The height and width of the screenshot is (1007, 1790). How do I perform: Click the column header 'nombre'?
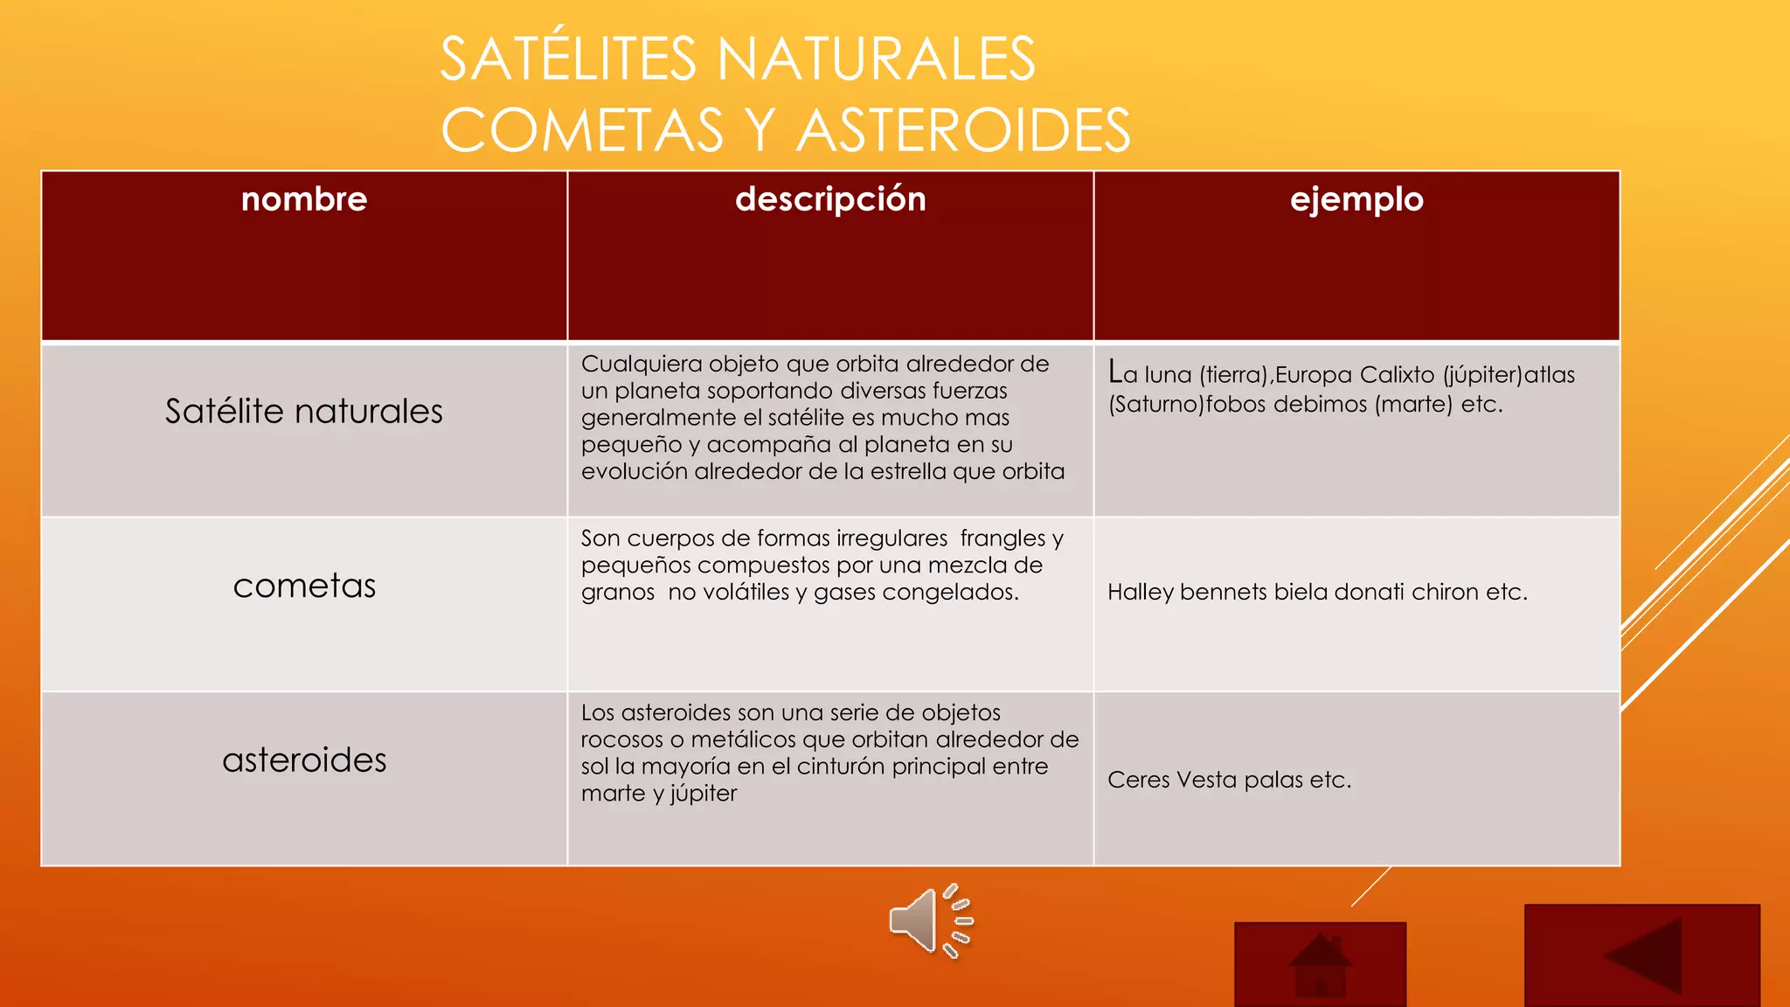pos(304,199)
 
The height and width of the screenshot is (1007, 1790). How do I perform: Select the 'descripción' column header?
pos(830,199)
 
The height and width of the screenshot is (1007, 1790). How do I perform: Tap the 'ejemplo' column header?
pos(1356,199)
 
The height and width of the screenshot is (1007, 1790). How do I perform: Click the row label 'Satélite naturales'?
pos(304,411)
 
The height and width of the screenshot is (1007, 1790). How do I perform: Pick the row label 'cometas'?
pos(304,586)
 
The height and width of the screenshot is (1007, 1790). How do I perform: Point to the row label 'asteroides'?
pos(304,760)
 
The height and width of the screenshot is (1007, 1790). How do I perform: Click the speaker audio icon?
pos(930,920)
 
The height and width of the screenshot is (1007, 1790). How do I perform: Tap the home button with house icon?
pos(1320,964)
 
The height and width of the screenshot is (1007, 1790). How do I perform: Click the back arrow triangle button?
pos(1641,955)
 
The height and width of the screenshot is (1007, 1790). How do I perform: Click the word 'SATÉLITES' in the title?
pos(568,59)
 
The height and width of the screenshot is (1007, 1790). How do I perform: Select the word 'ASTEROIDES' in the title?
pos(963,130)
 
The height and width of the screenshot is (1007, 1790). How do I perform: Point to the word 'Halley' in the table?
pos(1140,592)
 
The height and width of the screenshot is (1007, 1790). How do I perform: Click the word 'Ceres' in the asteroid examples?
pos(1139,780)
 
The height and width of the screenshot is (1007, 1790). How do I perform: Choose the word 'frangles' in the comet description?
pos(1003,538)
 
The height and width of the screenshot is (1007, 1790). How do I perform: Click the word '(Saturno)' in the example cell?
pos(1156,404)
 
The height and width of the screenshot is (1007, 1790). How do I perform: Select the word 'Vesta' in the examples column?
pos(1207,780)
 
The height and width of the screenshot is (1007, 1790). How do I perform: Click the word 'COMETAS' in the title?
pos(582,130)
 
